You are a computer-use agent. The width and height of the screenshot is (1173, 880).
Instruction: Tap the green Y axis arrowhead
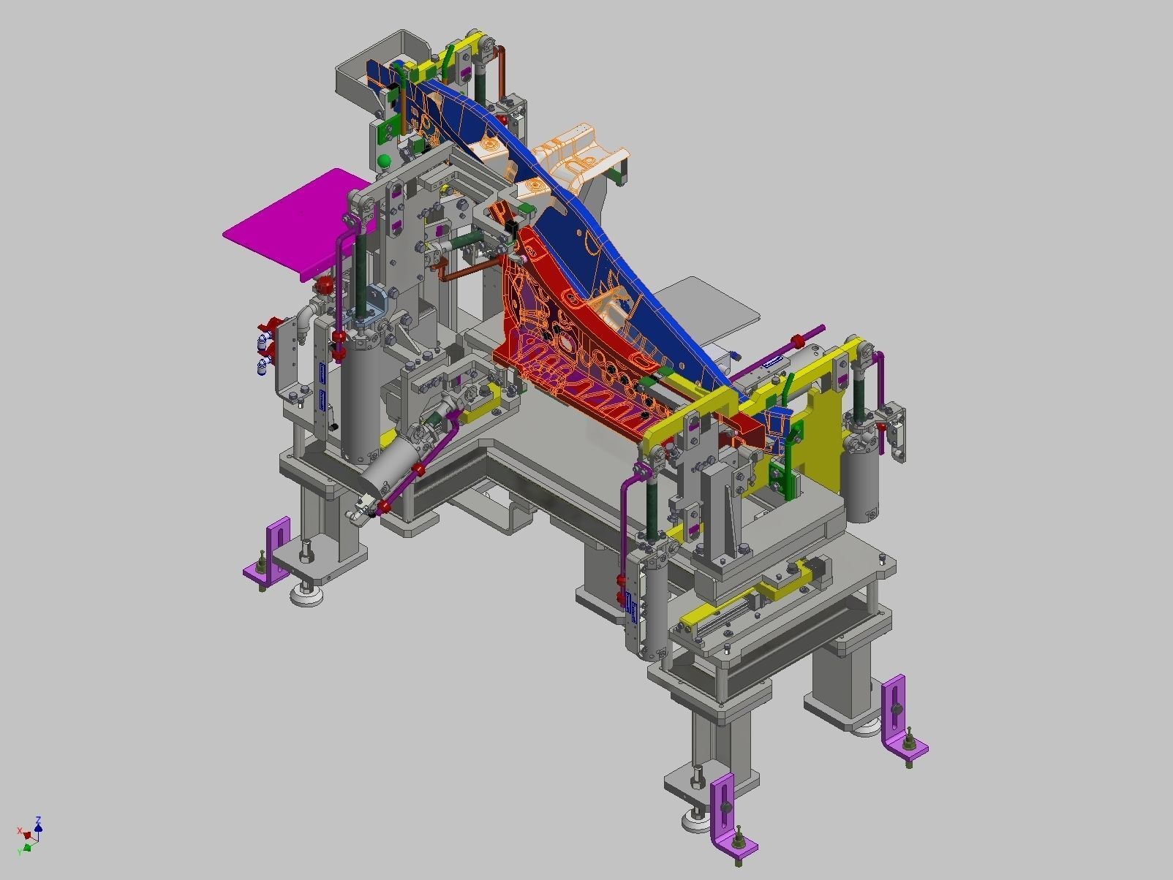coord(28,847)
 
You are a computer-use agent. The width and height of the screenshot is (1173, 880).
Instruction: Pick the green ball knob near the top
coord(383,161)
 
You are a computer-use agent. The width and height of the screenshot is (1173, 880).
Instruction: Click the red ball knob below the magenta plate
coord(323,284)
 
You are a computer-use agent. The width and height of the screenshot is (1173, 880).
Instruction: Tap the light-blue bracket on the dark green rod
coord(374,301)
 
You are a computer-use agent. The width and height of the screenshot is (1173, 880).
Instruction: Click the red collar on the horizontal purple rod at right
coord(798,341)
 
